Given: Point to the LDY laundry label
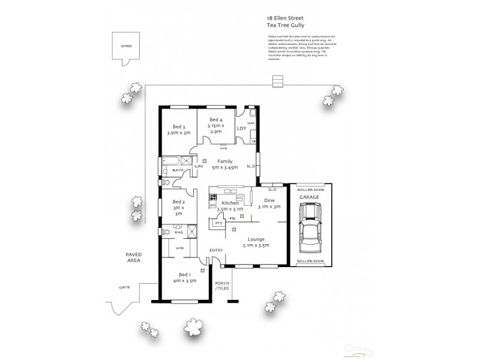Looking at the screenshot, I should (x=242, y=128).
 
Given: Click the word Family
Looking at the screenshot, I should (x=224, y=161).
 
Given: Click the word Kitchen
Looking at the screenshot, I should (x=230, y=204).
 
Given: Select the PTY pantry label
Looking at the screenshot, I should (x=218, y=223).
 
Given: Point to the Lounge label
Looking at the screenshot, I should (x=255, y=239).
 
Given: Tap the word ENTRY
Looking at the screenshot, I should (x=216, y=250).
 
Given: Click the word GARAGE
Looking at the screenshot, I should (x=310, y=197).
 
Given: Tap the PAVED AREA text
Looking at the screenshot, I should (x=134, y=257).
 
